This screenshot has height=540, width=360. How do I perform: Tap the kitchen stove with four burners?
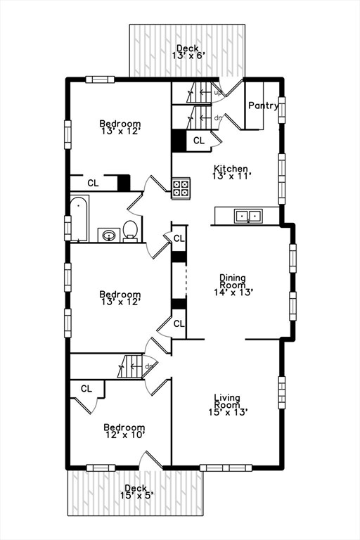coord(180,188)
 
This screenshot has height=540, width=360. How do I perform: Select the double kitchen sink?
coord(247,216)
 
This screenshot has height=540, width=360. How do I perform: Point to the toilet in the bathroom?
coord(130,230)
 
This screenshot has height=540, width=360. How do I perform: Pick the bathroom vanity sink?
coord(108,234)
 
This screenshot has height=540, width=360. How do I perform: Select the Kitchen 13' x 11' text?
coord(231,172)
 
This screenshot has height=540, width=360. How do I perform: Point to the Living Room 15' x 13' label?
coord(227,406)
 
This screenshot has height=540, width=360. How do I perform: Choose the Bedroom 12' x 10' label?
coord(124,431)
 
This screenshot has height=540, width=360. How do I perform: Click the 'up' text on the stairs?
coord(218,92)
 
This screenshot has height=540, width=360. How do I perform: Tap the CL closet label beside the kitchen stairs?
coord(198,141)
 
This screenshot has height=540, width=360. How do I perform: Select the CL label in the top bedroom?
coord(93,183)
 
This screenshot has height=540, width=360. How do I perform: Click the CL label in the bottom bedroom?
coord(86,388)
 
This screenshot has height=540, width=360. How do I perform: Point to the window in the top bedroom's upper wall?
coord(100,79)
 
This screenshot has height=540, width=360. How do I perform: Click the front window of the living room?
coord(215,468)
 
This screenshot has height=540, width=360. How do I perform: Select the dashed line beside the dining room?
coord(185,281)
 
